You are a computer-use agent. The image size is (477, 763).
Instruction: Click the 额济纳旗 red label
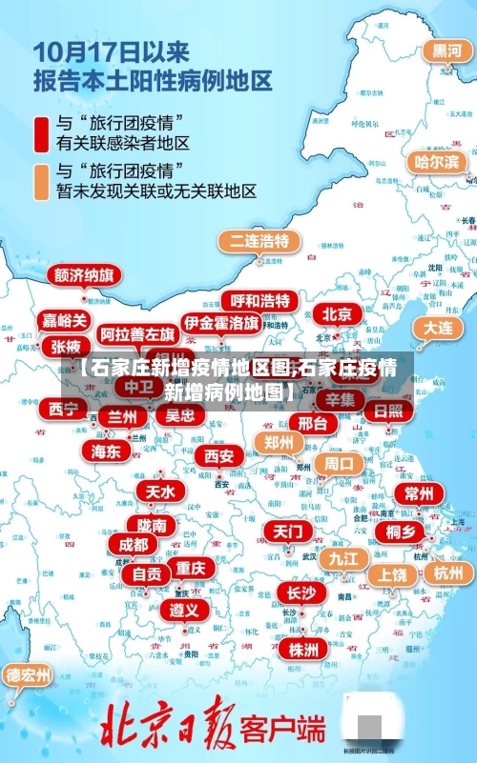[x=85, y=275]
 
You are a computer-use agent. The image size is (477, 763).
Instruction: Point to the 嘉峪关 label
[x=65, y=321]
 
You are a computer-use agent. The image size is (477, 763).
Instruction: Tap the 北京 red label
[x=338, y=313]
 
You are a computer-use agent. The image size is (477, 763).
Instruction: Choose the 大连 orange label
[x=439, y=327]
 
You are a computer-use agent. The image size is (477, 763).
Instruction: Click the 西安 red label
[x=219, y=456]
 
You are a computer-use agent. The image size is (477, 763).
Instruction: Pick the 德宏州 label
[x=29, y=675]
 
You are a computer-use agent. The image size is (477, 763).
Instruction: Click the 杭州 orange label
[x=447, y=572]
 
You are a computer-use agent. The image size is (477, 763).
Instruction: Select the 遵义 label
[x=184, y=609]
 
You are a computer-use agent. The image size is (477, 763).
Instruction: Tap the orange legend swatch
[x=43, y=182]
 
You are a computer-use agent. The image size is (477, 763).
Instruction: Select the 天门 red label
[x=287, y=530]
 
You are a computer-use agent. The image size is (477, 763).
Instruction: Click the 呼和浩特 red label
[x=260, y=301]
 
